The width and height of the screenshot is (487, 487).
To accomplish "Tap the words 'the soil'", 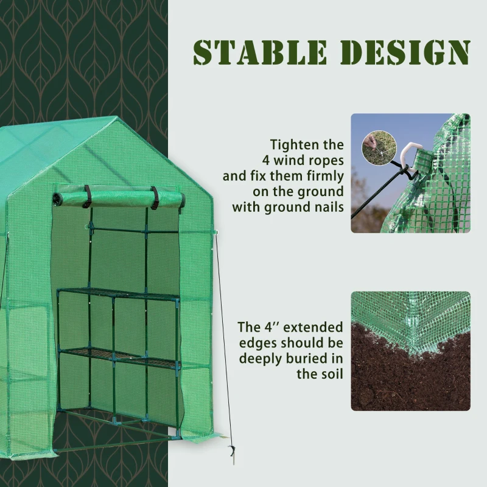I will coord(320,373).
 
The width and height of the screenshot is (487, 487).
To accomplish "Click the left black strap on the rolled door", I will coord(87,196).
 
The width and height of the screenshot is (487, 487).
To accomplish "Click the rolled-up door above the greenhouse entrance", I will coord(119,198).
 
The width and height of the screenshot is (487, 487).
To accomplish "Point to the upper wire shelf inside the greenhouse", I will coord(119,295).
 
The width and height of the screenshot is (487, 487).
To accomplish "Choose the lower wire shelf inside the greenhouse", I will coord(119,357).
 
